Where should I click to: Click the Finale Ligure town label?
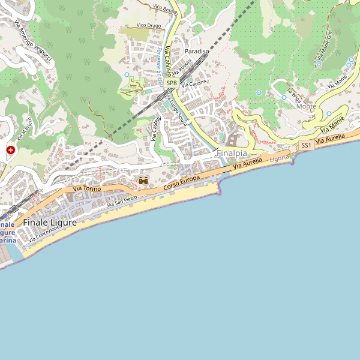point(50,223)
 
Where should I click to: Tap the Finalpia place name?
point(232,152)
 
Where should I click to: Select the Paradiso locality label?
point(197,52)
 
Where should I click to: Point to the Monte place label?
point(306,107)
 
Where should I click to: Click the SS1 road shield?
point(307,146)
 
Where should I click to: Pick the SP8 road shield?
point(172,83)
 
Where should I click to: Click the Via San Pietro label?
point(122,202)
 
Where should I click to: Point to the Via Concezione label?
point(44,234)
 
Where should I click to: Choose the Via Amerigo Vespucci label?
point(35,42)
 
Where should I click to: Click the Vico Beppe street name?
point(166,8)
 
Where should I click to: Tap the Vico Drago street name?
point(149,25)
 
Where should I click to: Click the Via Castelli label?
point(157,128)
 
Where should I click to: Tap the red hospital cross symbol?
point(11,149)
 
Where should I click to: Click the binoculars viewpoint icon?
point(143,180)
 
